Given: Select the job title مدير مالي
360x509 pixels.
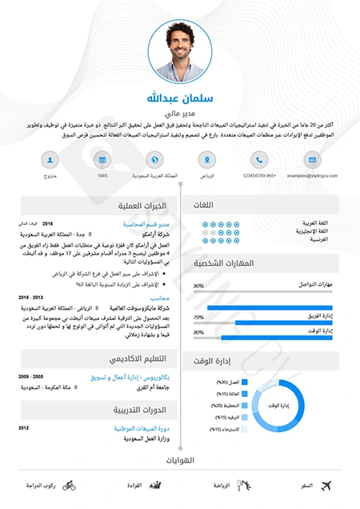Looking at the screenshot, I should coord(180,114).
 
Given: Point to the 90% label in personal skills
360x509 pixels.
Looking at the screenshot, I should coord(198,286).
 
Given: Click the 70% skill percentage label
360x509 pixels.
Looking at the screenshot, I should coord(198,317).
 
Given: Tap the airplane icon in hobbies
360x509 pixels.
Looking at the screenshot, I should coord(326,486).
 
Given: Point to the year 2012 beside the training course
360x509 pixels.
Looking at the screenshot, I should coord(24,428).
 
